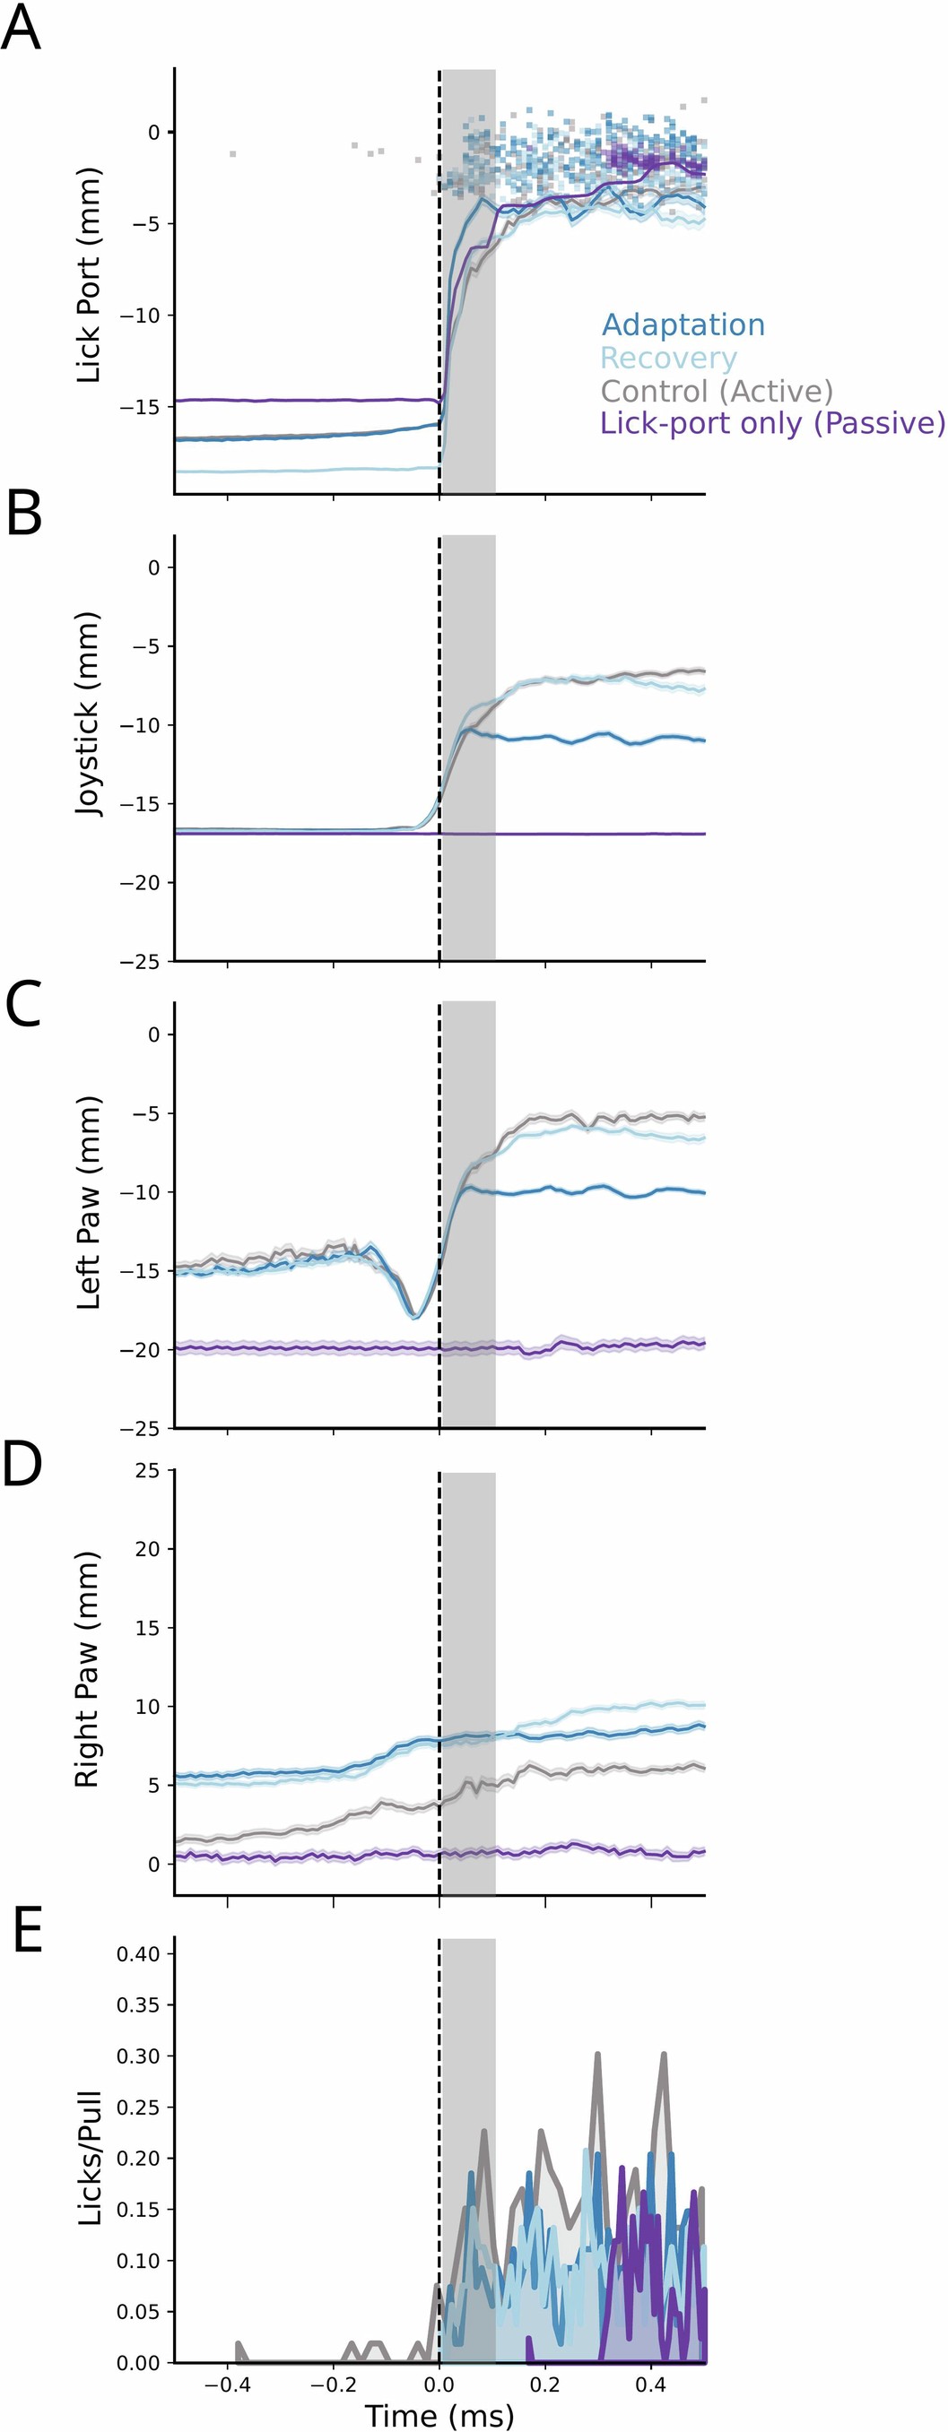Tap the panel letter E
(x=28, y=1933)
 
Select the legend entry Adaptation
(x=683, y=325)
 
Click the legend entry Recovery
(x=667, y=358)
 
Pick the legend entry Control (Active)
(x=717, y=391)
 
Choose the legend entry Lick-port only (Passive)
(x=771, y=423)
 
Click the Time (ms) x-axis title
(x=439, y=2415)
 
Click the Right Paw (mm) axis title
(x=87, y=1669)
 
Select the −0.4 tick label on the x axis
(x=227, y=2384)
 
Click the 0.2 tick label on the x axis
(x=544, y=2384)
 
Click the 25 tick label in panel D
(x=147, y=1471)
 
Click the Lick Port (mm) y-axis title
(x=88, y=276)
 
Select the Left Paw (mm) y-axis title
(x=88, y=1202)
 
